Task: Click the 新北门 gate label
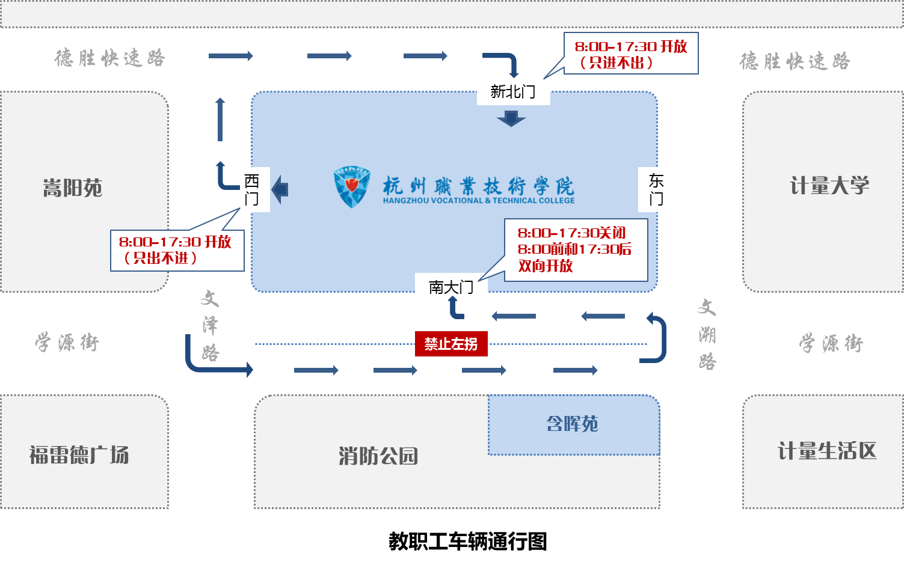(513, 91)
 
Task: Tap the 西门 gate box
(251, 189)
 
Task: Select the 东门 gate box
(656, 189)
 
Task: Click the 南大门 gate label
(450, 287)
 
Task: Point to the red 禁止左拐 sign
(451, 344)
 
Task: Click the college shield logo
(351, 187)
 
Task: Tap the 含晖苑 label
(572, 424)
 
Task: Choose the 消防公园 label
(378, 456)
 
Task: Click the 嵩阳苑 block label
(72, 188)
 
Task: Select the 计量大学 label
(829, 186)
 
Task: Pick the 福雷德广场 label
(79, 454)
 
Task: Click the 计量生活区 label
(827, 451)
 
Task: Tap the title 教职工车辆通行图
(467, 541)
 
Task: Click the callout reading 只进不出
(630, 53)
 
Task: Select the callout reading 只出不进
(177, 250)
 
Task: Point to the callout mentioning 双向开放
(575, 249)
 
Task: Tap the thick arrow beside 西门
(280, 189)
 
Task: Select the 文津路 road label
(210, 325)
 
